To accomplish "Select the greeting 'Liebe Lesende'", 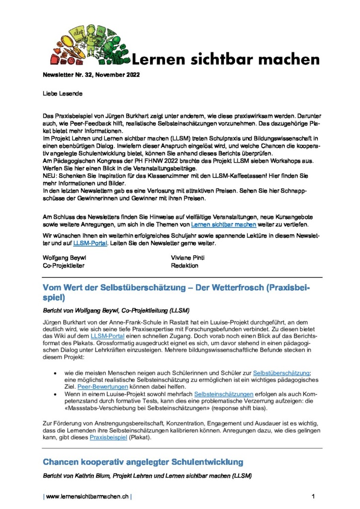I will pos(62,93).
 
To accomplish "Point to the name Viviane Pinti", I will pos(188,258).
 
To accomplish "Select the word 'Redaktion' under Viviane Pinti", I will pos(184,265).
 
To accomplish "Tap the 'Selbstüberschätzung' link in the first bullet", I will pos(281,373).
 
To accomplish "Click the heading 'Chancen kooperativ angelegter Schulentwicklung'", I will pos(143,462).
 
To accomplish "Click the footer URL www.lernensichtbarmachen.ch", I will pos(87,496).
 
